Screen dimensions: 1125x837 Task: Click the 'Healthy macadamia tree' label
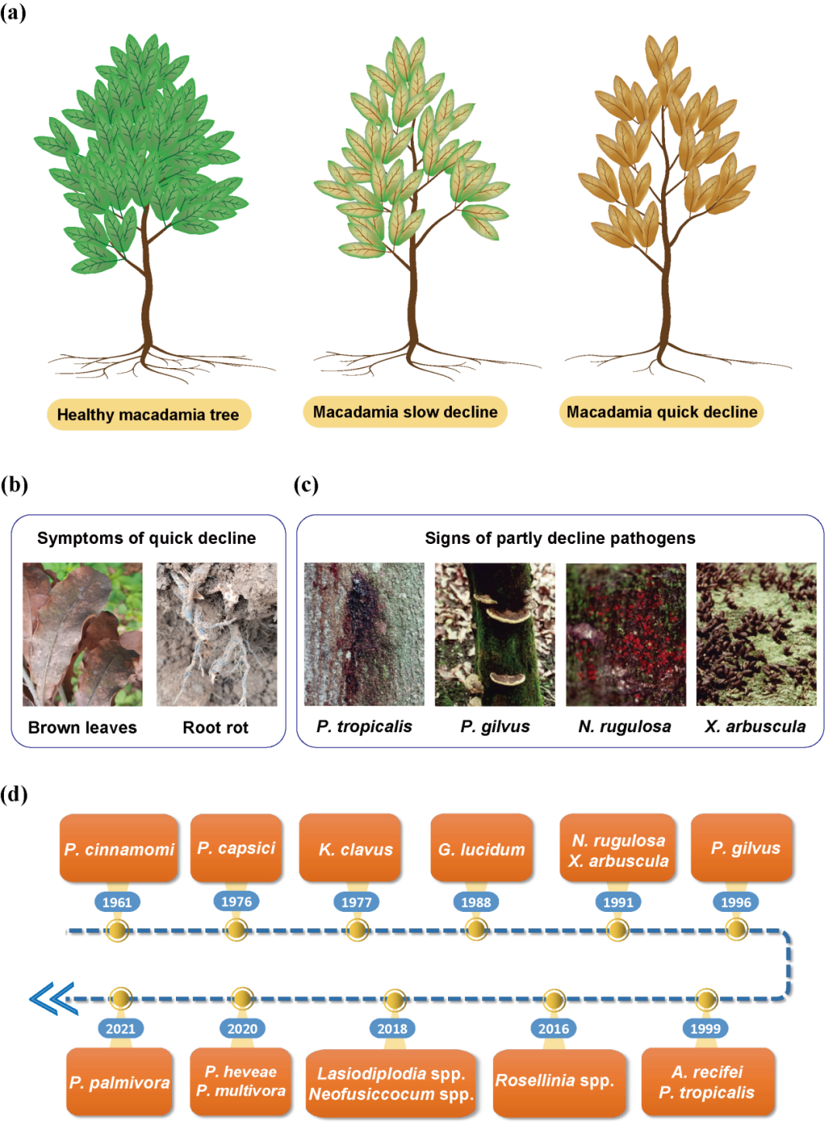pyautogui.click(x=148, y=415)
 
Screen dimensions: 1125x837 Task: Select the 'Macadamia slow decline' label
pyautogui.click(x=405, y=411)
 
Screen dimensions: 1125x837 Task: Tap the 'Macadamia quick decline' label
pyautogui.click(x=662, y=411)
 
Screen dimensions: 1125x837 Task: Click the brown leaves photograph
pyautogui.click(x=82, y=634)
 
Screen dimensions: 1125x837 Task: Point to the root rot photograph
pyautogui.click(x=216, y=634)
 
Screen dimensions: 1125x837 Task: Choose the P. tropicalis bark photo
pyautogui.click(x=364, y=634)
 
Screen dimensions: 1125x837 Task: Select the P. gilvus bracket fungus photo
pyautogui.click(x=494, y=634)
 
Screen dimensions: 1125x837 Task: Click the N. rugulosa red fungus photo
pyautogui.click(x=625, y=634)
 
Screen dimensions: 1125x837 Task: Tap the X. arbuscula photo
pyautogui.click(x=756, y=634)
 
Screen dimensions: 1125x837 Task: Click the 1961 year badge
pyautogui.click(x=117, y=902)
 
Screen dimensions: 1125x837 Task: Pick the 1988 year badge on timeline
pyautogui.click(x=476, y=902)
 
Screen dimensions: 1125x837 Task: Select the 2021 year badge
pyautogui.click(x=120, y=1028)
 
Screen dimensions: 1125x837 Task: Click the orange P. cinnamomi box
pyautogui.click(x=119, y=848)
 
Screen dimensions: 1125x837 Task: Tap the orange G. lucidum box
pyautogui.click(x=481, y=848)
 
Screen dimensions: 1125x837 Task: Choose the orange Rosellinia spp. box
pyautogui.click(x=554, y=1081)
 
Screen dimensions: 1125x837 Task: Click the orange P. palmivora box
pyautogui.click(x=119, y=1082)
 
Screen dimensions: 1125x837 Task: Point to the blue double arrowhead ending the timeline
pyautogui.click(x=52, y=999)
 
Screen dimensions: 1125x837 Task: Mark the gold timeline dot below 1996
pyautogui.click(x=735, y=928)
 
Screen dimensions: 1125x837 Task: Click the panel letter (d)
pyautogui.click(x=14, y=794)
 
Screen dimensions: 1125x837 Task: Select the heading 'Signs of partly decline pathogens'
pyautogui.click(x=560, y=538)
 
